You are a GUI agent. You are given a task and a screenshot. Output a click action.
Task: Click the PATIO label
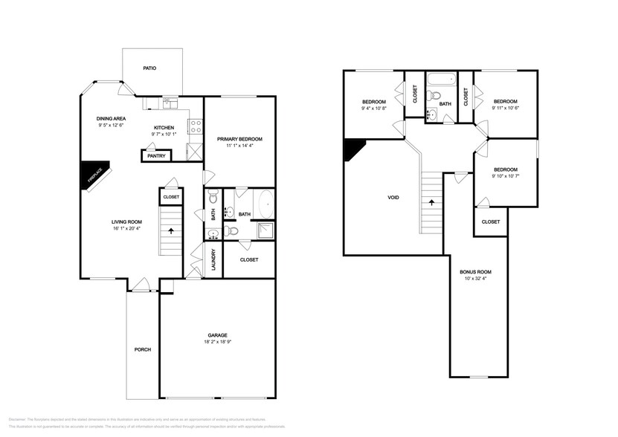coord(149,68)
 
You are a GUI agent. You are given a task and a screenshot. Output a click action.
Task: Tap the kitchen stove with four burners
coord(196,126)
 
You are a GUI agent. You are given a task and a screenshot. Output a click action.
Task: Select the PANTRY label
coord(156,156)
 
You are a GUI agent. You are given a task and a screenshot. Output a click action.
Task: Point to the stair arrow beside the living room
coord(170,231)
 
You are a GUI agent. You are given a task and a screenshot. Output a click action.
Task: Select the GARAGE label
coord(218,334)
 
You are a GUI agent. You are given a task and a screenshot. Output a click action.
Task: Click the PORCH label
coord(142,349)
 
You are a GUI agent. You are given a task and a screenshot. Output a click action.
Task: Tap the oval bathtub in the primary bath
coord(266,203)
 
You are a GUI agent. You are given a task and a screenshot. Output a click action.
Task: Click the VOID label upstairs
coord(393,198)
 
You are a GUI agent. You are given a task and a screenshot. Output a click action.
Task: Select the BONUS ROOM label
coord(477,272)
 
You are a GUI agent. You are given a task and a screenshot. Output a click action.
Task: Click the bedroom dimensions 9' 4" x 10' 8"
coord(374,109)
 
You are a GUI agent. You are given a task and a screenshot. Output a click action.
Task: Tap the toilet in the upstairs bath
coord(438,95)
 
